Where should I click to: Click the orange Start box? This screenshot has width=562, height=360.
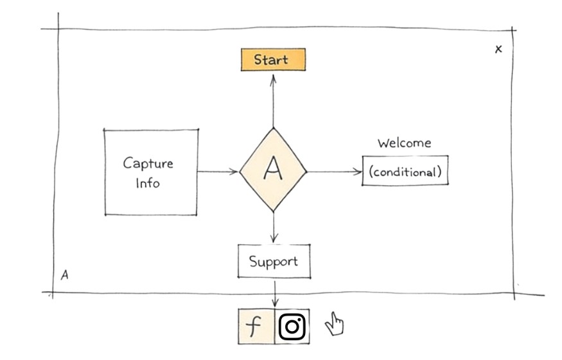(x=273, y=60)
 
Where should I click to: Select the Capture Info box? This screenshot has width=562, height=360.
(x=151, y=172)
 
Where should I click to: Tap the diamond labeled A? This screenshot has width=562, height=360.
(x=274, y=171)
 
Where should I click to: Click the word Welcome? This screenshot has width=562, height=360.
(x=404, y=143)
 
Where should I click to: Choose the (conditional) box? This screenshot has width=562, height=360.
(x=405, y=172)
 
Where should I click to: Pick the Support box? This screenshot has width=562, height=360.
(x=274, y=262)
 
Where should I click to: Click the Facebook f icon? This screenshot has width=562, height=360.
(x=256, y=327)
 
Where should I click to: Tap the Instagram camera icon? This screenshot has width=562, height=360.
(x=293, y=327)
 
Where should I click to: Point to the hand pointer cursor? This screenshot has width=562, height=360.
(x=334, y=323)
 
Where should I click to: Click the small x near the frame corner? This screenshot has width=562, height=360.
(x=498, y=49)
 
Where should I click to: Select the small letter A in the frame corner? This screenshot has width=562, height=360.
(x=64, y=275)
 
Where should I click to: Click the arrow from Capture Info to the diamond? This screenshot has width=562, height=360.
(x=218, y=172)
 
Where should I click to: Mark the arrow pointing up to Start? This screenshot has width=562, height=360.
(x=273, y=100)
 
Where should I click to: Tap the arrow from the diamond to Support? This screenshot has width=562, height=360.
(x=274, y=228)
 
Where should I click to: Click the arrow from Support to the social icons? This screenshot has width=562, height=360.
(x=275, y=294)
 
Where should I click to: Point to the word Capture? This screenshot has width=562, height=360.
(x=148, y=163)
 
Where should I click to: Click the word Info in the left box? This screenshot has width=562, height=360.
(x=148, y=183)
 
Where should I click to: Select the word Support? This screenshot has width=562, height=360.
(x=274, y=262)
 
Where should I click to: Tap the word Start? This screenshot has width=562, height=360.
(x=271, y=60)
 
